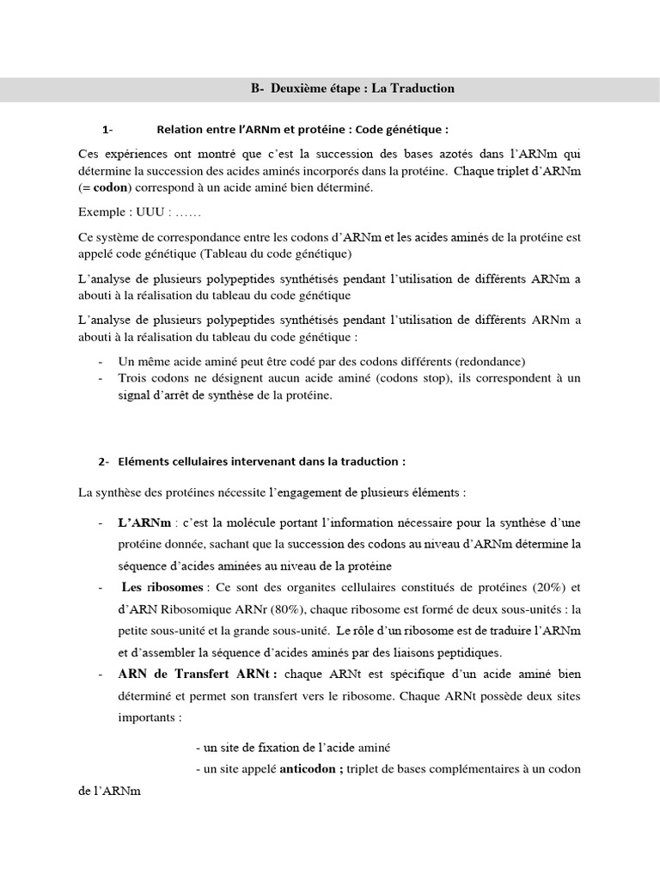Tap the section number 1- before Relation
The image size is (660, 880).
coord(107,131)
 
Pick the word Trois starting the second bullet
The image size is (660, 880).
coord(133,377)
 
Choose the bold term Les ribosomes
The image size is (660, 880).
coord(162,588)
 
